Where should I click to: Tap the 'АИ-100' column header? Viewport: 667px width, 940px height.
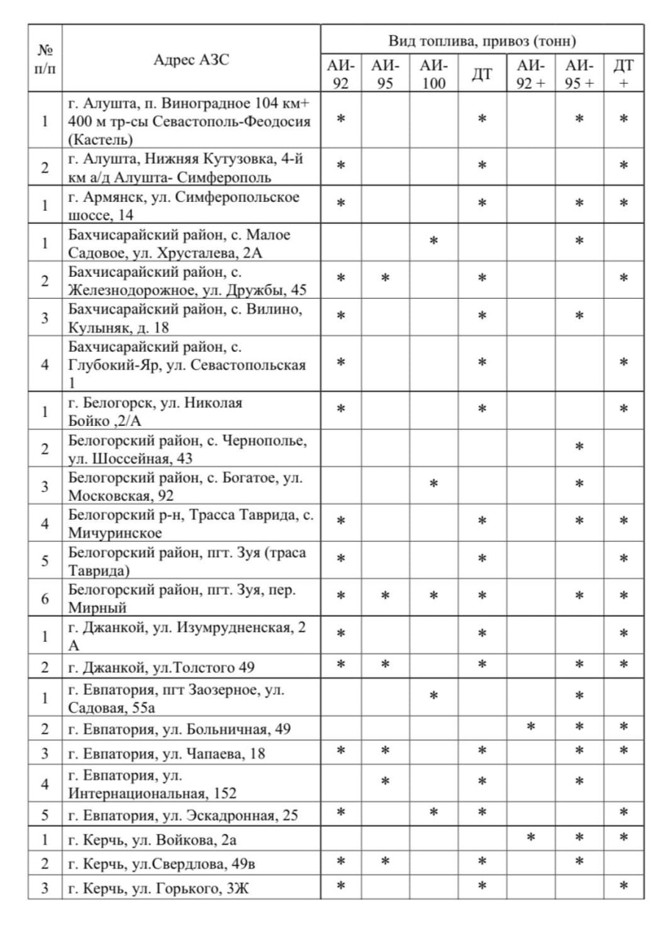click(433, 73)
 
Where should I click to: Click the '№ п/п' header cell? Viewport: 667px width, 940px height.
click(46, 59)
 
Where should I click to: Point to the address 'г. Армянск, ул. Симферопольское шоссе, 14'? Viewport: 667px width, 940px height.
click(184, 205)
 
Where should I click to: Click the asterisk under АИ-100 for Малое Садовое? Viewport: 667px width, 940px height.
click(433, 240)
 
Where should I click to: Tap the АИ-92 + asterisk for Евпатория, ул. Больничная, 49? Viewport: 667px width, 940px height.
click(530, 727)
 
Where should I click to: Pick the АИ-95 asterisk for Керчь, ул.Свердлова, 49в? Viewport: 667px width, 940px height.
click(385, 860)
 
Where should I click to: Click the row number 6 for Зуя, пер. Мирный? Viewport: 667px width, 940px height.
click(45, 599)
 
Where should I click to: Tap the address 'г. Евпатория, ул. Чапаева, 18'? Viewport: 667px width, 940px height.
click(167, 753)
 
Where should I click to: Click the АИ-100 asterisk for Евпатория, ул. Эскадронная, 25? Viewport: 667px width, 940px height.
click(433, 811)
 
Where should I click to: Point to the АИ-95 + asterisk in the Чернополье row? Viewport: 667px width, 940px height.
click(580, 446)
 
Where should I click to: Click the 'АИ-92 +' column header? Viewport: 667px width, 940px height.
click(530, 73)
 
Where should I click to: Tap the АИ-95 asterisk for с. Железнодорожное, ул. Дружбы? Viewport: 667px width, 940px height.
click(385, 278)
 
